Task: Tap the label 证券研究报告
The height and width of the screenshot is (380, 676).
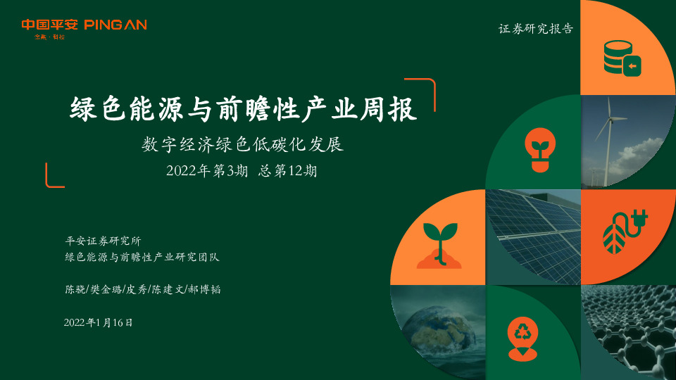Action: click(536, 30)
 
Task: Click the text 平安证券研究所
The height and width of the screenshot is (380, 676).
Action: click(103, 241)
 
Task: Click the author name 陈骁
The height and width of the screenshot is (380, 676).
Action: click(73, 289)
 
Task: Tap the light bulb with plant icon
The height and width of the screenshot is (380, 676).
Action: click(539, 150)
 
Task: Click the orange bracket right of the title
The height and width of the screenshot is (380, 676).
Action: click(430, 94)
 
